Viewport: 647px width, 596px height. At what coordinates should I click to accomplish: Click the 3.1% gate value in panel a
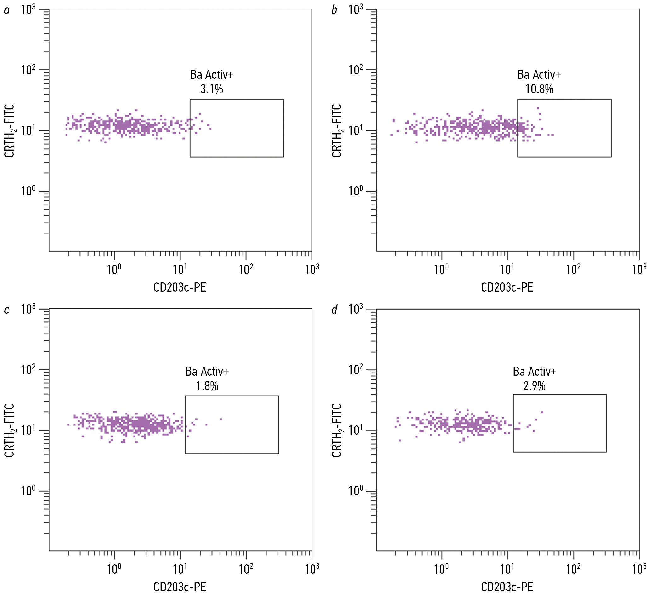click(x=211, y=89)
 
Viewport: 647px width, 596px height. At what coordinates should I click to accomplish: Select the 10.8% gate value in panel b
click(x=539, y=89)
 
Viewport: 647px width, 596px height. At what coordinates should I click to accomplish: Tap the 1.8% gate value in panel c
click(x=207, y=386)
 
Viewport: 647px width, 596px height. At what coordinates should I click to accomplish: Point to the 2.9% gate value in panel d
click(x=534, y=386)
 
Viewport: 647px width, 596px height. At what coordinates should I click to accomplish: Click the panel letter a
click(x=7, y=10)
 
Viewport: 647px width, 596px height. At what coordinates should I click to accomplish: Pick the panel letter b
click(x=334, y=10)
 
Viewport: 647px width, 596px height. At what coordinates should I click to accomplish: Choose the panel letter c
click(x=7, y=310)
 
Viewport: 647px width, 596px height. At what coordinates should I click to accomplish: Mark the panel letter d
click(x=335, y=310)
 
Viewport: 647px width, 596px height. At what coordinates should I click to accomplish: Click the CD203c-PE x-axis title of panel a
click(x=180, y=287)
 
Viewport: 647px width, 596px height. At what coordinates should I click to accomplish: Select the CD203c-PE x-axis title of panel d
click(x=507, y=587)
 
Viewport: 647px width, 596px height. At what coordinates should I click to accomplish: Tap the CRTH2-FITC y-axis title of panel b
click(x=336, y=130)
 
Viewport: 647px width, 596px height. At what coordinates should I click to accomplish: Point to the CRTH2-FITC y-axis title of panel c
click(x=9, y=430)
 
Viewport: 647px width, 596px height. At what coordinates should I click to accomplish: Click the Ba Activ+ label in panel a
click(x=211, y=75)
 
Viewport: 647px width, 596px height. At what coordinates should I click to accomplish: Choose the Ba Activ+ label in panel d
click(x=535, y=372)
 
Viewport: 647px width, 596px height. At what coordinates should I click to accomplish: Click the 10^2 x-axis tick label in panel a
click(x=246, y=269)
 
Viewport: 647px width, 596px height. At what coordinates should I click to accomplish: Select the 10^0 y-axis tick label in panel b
click(x=356, y=191)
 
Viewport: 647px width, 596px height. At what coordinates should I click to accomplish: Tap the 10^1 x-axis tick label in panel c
click(x=180, y=569)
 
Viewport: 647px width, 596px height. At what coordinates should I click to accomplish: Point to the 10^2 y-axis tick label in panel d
click(x=356, y=370)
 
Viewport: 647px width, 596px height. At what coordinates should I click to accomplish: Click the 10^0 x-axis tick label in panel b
click(x=441, y=269)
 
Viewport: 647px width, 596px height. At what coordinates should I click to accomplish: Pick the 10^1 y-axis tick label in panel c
click(x=28, y=430)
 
